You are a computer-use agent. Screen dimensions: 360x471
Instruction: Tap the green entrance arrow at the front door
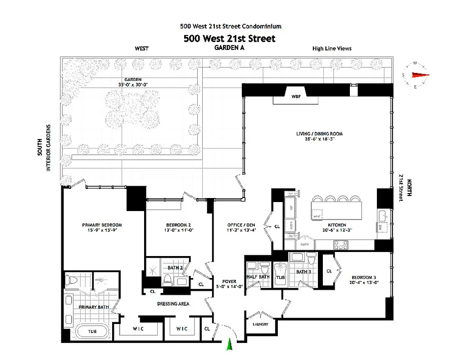(x=230, y=344)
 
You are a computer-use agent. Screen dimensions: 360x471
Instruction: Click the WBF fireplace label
(x=296, y=96)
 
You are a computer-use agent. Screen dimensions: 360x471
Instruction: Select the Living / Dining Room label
(x=319, y=134)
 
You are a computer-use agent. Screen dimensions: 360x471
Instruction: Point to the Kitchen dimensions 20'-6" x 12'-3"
(x=337, y=230)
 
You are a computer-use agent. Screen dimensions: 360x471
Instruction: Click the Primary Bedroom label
(x=102, y=225)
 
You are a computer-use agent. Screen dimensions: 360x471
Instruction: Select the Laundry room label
(x=261, y=324)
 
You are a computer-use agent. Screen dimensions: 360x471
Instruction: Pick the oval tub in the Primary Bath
(x=92, y=332)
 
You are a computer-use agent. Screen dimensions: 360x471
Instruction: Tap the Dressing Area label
(x=173, y=304)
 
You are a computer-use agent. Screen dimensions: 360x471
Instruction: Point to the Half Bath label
(x=258, y=277)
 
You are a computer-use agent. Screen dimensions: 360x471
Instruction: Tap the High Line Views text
(x=332, y=48)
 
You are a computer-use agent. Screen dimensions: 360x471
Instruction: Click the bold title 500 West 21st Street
(x=229, y=38)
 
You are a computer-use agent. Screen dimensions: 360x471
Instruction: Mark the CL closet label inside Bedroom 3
(x=329, y=271)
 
